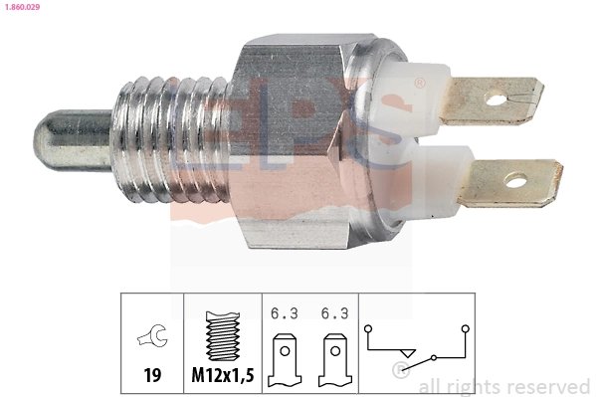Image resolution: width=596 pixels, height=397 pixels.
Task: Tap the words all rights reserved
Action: click(503, 386)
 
